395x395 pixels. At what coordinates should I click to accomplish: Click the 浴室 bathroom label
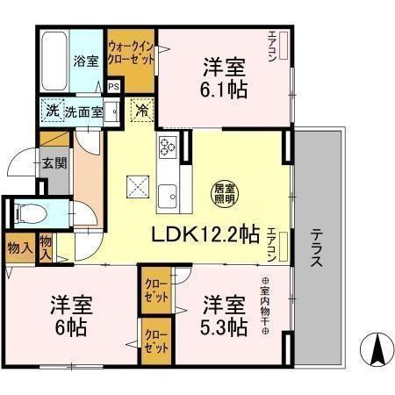85,61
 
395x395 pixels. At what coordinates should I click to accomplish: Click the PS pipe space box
114,86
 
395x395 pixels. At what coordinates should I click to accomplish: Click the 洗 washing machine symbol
52,111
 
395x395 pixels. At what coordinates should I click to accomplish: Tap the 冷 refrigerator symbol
140,111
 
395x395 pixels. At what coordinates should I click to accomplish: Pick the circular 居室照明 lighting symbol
225,191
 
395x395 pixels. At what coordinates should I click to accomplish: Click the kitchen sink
167,195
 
